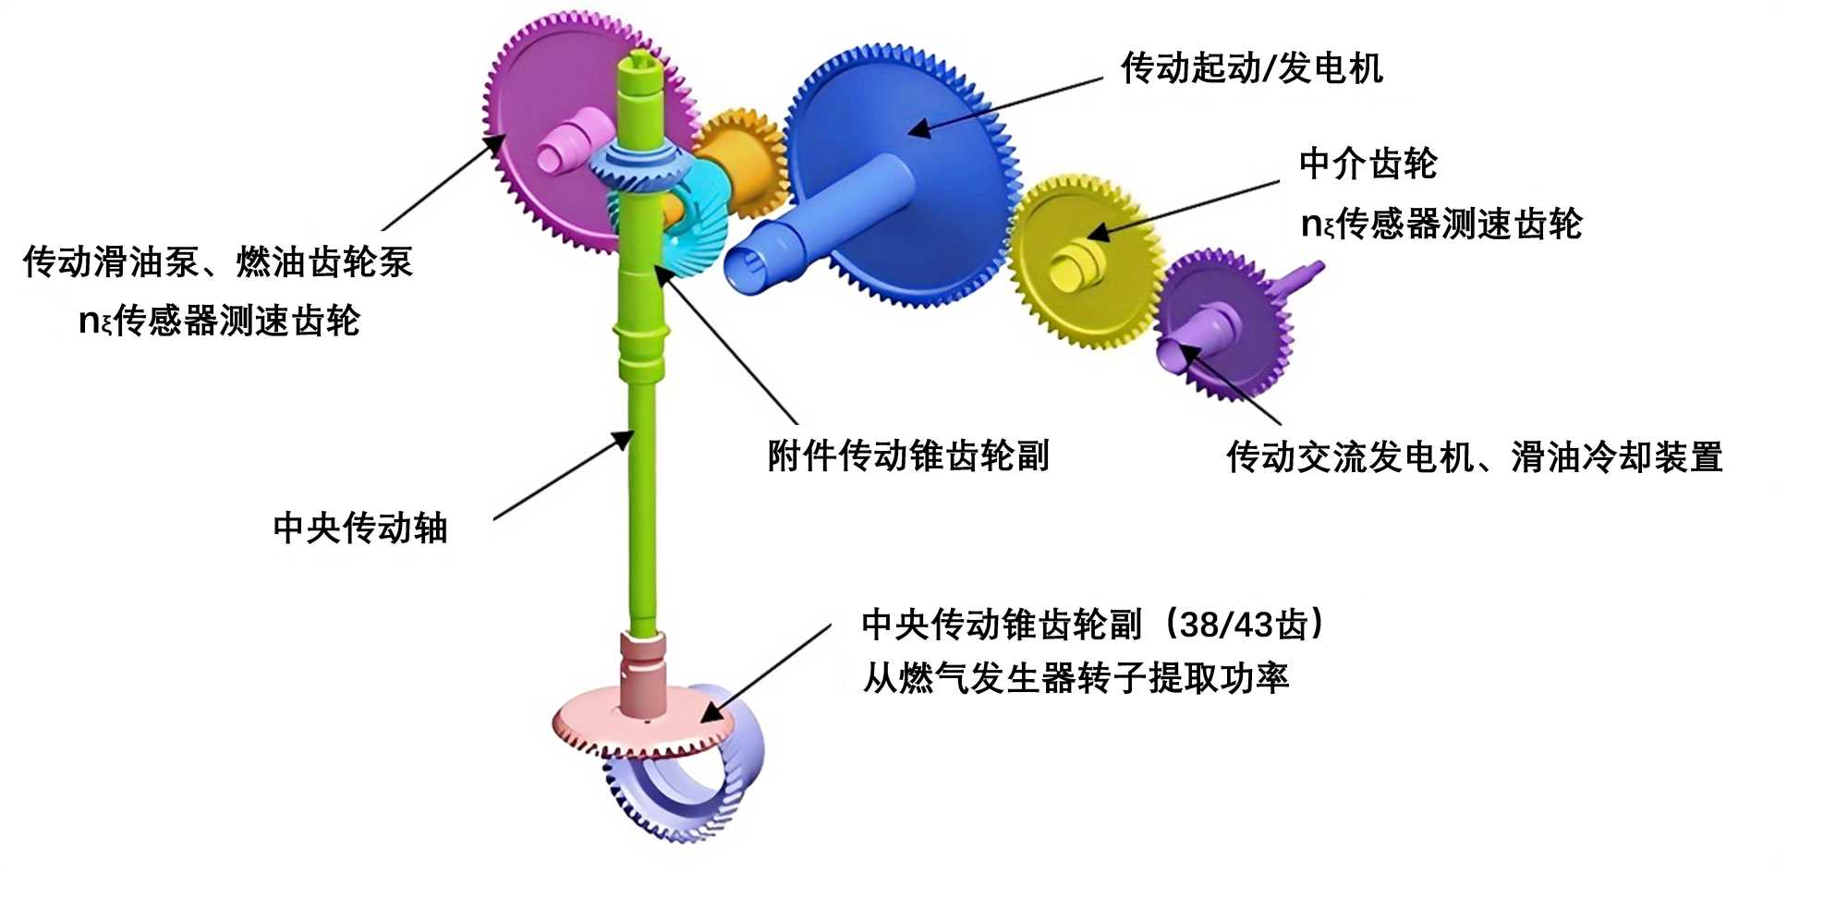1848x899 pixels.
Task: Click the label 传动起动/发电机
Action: [1251, 68]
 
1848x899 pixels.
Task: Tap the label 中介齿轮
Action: [1368, 164]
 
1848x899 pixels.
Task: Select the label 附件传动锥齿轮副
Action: [908, 456]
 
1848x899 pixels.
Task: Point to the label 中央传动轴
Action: [360, 528]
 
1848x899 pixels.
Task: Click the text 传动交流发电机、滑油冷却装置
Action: [1474, 456]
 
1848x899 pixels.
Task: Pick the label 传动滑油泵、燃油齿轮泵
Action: [217, 262]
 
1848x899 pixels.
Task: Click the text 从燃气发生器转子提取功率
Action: [1075, 678]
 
